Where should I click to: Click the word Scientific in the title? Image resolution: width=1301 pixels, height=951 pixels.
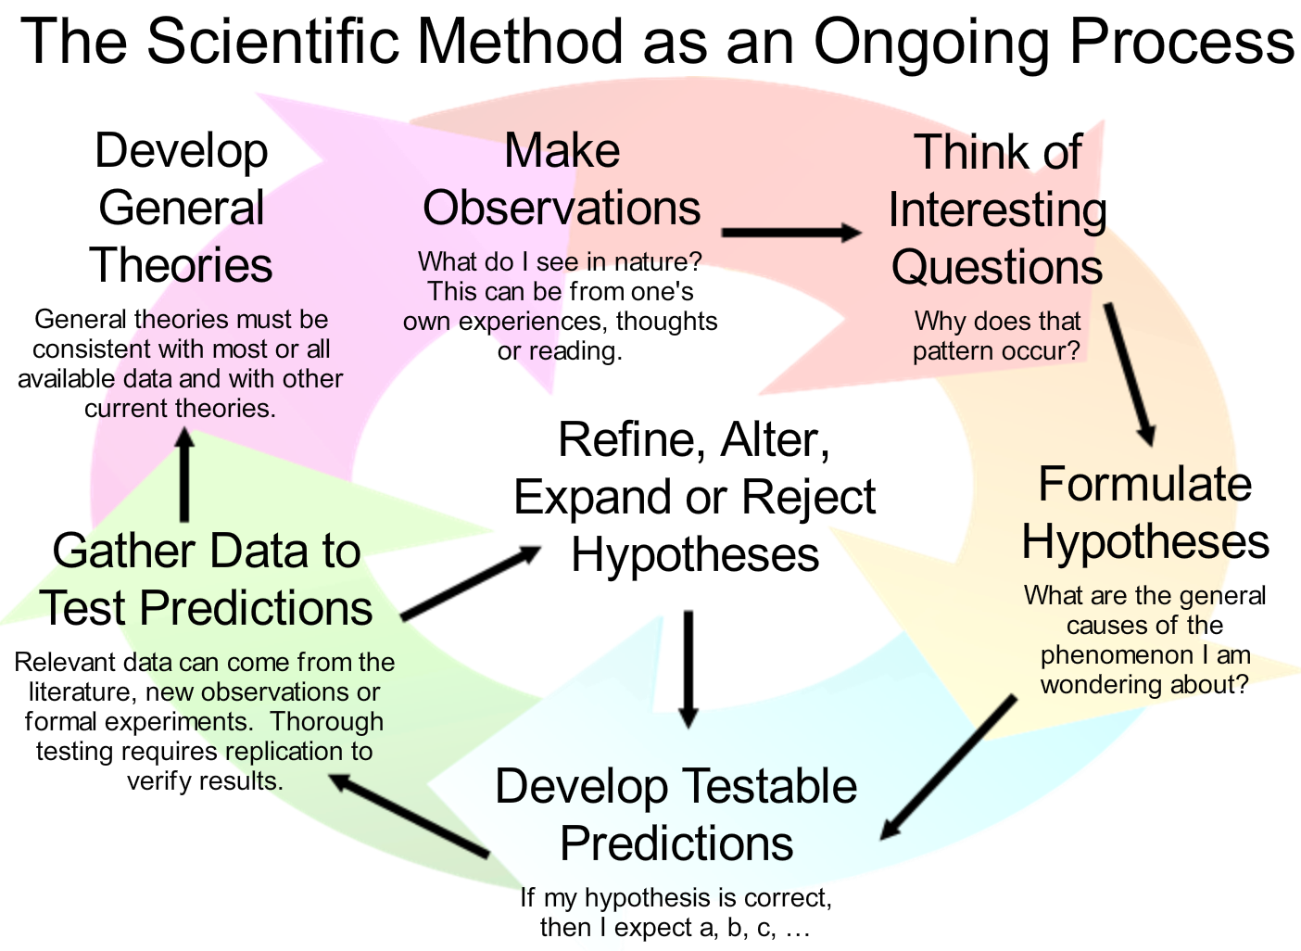pos(273,41)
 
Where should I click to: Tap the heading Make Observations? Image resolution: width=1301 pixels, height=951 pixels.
pos(562,179)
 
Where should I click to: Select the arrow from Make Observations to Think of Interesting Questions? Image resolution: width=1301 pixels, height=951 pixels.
pos(791,232)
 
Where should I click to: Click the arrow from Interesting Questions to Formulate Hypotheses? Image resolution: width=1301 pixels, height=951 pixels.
pos(1130,374)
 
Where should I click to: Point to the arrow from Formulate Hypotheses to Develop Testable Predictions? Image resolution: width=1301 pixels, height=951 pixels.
pos(949,767)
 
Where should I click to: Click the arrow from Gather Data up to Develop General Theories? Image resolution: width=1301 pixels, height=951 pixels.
pos(184,474)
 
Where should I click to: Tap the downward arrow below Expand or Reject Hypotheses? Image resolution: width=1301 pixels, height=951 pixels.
pos(688,669)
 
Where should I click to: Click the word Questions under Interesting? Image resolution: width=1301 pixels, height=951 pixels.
pos(997,267)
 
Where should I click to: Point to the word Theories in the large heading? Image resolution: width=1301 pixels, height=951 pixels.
pos(181,264)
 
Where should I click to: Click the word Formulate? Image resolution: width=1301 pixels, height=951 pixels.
pos(1144,484)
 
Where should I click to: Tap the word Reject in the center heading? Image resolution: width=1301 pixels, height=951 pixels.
pos(808,498)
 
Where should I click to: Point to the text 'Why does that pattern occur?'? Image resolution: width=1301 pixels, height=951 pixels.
pos(997,336)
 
